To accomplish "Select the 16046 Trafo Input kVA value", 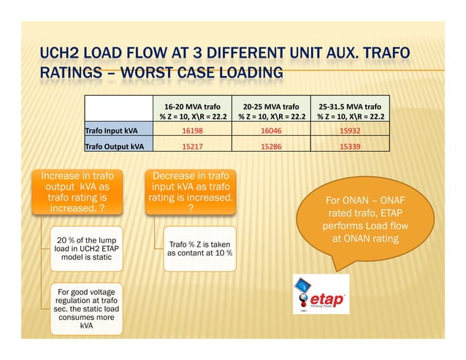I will [x=272, y=131].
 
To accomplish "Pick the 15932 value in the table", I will [x=351, y=131].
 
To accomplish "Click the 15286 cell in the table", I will [x=272, y=146].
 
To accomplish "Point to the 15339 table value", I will [x=351, y=146].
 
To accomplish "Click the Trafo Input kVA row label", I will [x=112, y=131].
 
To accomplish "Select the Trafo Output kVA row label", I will [x=115, y=146].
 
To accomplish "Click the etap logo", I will [x=321, y=294].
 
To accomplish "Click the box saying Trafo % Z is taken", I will [x=199, y=248].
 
